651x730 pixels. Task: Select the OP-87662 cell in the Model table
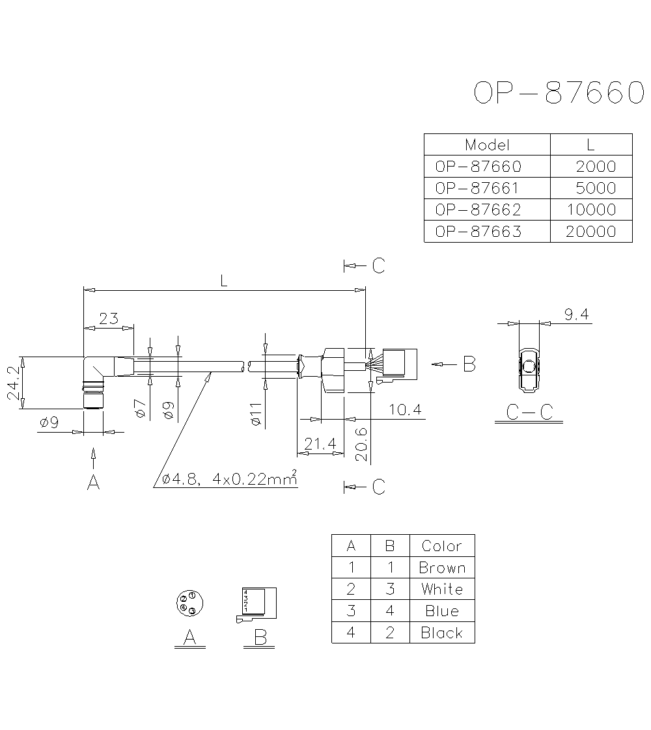478,210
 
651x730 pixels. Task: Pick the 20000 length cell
590,231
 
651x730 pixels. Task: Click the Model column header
487,144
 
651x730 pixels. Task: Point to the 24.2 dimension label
12,383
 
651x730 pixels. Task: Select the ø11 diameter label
255,414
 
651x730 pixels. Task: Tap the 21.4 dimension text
320,444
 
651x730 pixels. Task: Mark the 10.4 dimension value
405,409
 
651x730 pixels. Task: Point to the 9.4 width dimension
576,315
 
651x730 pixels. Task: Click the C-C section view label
528,411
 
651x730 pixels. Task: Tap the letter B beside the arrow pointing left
469,364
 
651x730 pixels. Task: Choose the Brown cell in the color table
442,567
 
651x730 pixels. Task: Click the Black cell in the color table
442,632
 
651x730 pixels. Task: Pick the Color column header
442,546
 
